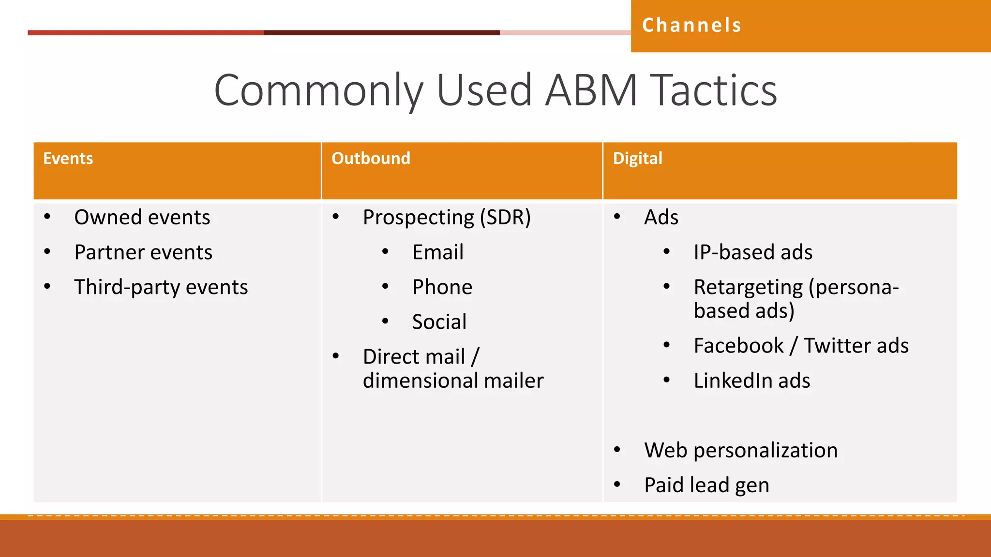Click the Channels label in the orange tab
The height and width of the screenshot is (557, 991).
691,25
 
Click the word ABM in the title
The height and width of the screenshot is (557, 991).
591,90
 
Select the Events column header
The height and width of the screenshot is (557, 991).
68,159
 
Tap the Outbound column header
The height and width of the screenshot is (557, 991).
371,159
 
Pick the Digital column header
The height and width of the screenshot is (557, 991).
637,159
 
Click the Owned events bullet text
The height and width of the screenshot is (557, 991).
142,218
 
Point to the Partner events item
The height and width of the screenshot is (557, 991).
143,252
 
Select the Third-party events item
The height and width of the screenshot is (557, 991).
161,287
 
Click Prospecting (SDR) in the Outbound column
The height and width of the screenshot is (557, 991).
447,218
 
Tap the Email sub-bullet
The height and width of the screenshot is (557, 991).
437,252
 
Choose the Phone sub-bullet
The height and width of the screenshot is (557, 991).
442,287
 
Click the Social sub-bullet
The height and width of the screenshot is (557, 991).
439,322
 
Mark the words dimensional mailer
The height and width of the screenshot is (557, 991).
453,381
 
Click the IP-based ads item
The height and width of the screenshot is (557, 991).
752,252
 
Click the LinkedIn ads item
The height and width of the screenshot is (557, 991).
751,381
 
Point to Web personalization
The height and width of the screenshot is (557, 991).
740,451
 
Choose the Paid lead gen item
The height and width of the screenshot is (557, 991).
706,485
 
